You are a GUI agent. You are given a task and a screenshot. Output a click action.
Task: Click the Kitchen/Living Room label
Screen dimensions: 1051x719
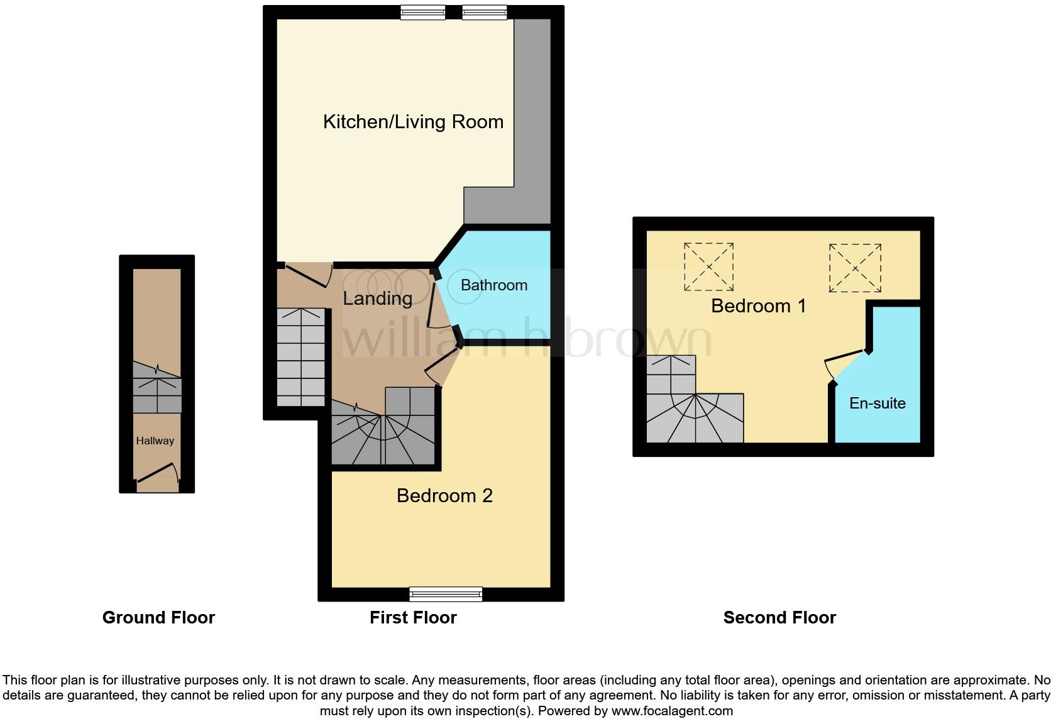(413, 122)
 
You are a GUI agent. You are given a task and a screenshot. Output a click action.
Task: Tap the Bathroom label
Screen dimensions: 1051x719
(494, 285)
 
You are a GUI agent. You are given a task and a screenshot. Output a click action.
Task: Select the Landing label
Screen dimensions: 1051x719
(378, 299)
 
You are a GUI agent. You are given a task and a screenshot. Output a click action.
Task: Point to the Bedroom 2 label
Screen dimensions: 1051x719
(444, 496)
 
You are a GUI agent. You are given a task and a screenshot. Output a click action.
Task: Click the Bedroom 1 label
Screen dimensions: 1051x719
(759, 306)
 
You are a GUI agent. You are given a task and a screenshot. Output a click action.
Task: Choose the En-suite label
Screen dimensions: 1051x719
(878, 403)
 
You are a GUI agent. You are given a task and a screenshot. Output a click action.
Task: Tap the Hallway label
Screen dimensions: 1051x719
(155, 441)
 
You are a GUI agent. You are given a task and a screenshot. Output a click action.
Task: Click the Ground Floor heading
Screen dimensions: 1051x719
(158, 618)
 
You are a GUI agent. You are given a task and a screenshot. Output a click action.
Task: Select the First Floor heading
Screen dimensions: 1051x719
(413, 618)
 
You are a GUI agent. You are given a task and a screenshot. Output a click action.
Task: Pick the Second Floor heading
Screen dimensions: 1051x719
(780, 618)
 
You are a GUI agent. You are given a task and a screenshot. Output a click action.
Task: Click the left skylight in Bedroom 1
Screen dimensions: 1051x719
(708, 267)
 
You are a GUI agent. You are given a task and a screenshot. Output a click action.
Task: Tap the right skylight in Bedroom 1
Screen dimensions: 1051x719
(855, 268)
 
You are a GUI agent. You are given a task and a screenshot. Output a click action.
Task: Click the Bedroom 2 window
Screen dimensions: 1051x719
(446, 594)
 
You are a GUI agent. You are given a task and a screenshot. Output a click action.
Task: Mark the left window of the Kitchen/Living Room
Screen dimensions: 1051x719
(423, 12)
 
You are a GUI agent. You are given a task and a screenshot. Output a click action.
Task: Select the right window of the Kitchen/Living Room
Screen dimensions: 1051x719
(484, 12)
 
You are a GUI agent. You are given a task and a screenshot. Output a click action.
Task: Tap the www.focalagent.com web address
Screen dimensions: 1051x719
(672, 711)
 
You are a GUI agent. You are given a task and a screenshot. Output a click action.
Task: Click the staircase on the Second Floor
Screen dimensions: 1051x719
(695, 408)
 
